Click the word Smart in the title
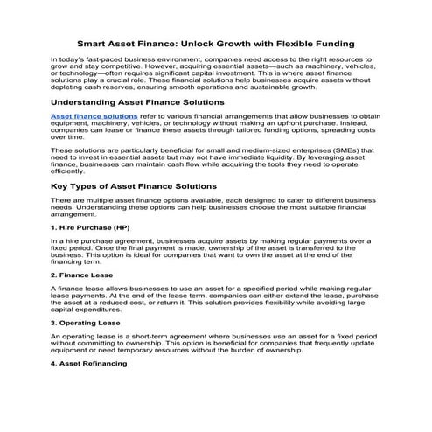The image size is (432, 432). tap(94, 41)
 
